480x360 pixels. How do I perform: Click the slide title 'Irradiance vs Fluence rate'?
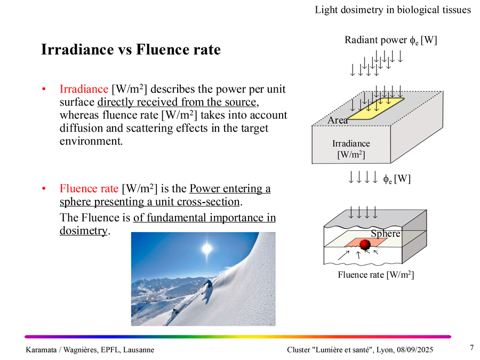point(131,50)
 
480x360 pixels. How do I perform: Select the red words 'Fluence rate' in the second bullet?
point(89,189)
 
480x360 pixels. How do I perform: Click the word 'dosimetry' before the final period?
point(83,231)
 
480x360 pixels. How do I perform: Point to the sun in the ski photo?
point(207,249)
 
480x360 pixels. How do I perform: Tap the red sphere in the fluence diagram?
point(365,245)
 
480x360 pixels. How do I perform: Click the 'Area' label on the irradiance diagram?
point(338,121)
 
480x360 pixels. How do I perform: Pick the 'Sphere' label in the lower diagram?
point(385,234)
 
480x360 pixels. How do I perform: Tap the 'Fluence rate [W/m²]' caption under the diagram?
point(376,275)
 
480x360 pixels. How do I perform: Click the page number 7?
point(471,348)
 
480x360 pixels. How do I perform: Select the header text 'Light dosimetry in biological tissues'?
point(393,10)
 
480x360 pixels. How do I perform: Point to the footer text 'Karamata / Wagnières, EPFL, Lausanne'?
point(90,349)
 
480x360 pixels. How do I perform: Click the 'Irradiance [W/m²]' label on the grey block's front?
point(351,149)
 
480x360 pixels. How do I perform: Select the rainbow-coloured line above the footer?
point(238,337)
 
